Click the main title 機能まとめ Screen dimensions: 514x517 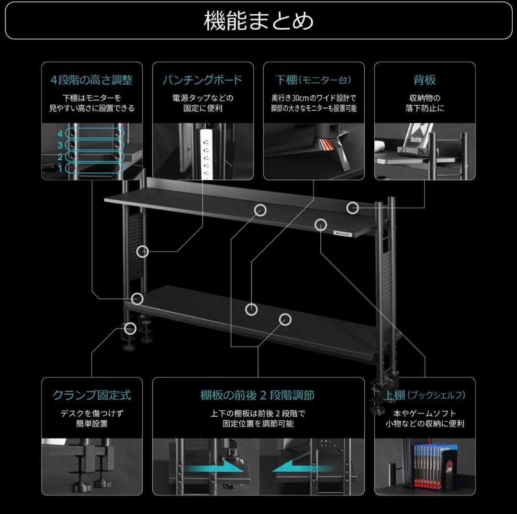coord(258,22)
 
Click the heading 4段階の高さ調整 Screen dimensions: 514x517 coord(91,79)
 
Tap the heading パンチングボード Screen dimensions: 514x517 coord(202,79)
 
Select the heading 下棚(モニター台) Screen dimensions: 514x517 coord(314,79)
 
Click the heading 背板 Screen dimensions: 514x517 coord(425,79)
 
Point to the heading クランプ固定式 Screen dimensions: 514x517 coord(91,395)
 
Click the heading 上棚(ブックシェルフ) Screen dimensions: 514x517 coord(425,395)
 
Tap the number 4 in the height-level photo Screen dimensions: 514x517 coord(60,133)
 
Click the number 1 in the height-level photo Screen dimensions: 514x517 coord(60,168)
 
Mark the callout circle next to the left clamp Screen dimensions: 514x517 coord(130,328)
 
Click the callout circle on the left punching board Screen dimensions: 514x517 coord(143,251)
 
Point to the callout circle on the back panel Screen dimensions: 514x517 coord(353,208)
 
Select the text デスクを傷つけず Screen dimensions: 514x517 coord(91,413)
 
